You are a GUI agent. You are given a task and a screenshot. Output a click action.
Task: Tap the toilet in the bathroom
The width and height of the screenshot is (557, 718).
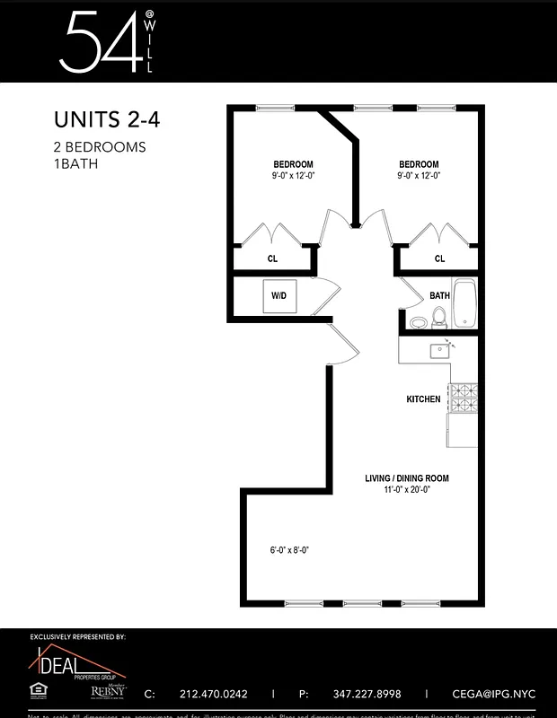point(439,318)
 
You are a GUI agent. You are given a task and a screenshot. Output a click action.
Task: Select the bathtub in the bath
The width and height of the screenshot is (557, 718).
point(464,303)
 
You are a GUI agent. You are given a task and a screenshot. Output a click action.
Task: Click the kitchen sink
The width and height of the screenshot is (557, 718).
point(439,350)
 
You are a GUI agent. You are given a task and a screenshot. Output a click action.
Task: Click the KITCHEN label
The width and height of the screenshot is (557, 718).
point(423,398)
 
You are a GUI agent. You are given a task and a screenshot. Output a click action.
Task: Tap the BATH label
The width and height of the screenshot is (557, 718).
point(439,295)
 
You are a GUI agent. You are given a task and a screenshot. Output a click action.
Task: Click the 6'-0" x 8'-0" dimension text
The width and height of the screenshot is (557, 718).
point(289,550)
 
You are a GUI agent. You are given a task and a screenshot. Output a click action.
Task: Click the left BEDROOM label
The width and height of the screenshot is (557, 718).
point(293,164)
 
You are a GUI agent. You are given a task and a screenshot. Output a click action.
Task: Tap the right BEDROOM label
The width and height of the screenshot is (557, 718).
point(419,164)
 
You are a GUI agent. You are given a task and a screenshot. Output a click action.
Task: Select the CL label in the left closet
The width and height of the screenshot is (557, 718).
point(272,258)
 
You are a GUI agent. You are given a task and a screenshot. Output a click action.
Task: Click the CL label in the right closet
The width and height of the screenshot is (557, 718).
point(439,258)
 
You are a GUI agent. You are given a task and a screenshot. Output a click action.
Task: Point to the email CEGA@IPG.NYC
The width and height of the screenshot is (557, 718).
point(486,694)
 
